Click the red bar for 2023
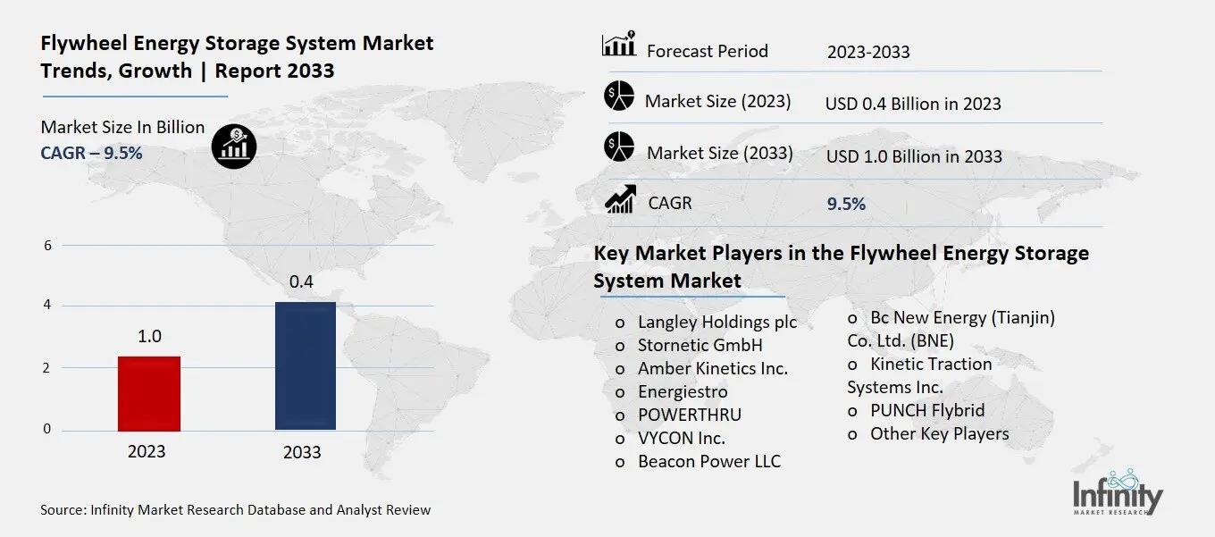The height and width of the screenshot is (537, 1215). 149,393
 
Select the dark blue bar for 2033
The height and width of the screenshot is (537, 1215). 306,365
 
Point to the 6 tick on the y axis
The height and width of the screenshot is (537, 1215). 47,246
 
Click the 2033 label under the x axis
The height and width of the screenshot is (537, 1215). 302,452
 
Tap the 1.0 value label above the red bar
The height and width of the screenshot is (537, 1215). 149,337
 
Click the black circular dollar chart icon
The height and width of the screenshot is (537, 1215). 234,144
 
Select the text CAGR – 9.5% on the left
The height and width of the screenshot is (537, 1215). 91,153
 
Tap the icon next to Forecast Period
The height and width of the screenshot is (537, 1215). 619,45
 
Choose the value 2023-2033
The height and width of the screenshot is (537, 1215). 868,52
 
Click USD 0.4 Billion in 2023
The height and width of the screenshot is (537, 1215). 913,104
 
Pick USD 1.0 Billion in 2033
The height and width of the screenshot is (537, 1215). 914,156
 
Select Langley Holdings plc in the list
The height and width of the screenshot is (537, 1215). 716,322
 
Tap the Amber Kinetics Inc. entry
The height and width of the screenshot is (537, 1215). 712,368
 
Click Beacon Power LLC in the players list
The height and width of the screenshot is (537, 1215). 708,461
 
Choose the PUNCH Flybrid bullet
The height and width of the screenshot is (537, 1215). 927,410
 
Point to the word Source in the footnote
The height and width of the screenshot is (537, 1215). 63,510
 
